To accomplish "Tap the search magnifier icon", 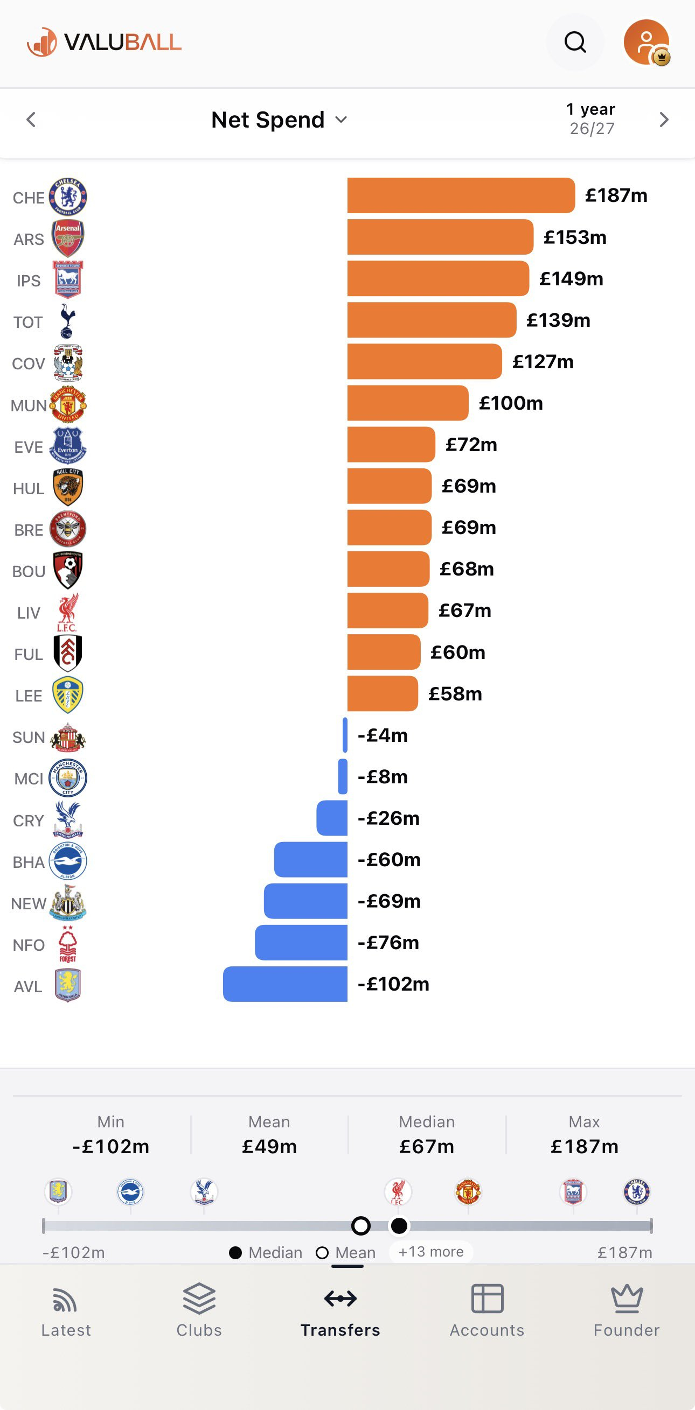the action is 575,42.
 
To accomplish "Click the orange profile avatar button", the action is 647,42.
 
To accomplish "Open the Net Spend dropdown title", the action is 279,120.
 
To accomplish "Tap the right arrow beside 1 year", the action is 664,120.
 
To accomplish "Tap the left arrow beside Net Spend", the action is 31,120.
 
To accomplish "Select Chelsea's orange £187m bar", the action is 461,195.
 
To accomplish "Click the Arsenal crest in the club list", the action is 68,238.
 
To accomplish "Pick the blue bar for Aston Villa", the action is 285,984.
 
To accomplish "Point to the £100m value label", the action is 510,403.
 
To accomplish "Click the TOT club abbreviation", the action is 28,322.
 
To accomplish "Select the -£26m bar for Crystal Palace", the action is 332,818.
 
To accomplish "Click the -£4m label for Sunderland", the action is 383,735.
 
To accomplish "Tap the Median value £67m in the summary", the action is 427,1146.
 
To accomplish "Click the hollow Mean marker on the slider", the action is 360,1225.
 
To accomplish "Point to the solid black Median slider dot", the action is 399,1225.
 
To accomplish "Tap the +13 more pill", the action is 431,1252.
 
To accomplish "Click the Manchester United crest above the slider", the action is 468,1192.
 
